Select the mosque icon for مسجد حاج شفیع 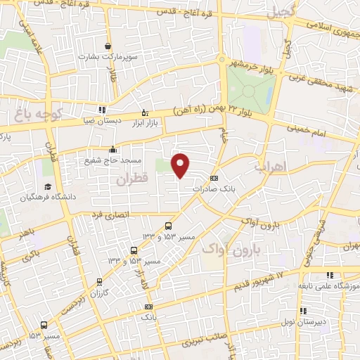tap(114, 149)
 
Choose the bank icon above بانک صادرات tap(214, 178)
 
